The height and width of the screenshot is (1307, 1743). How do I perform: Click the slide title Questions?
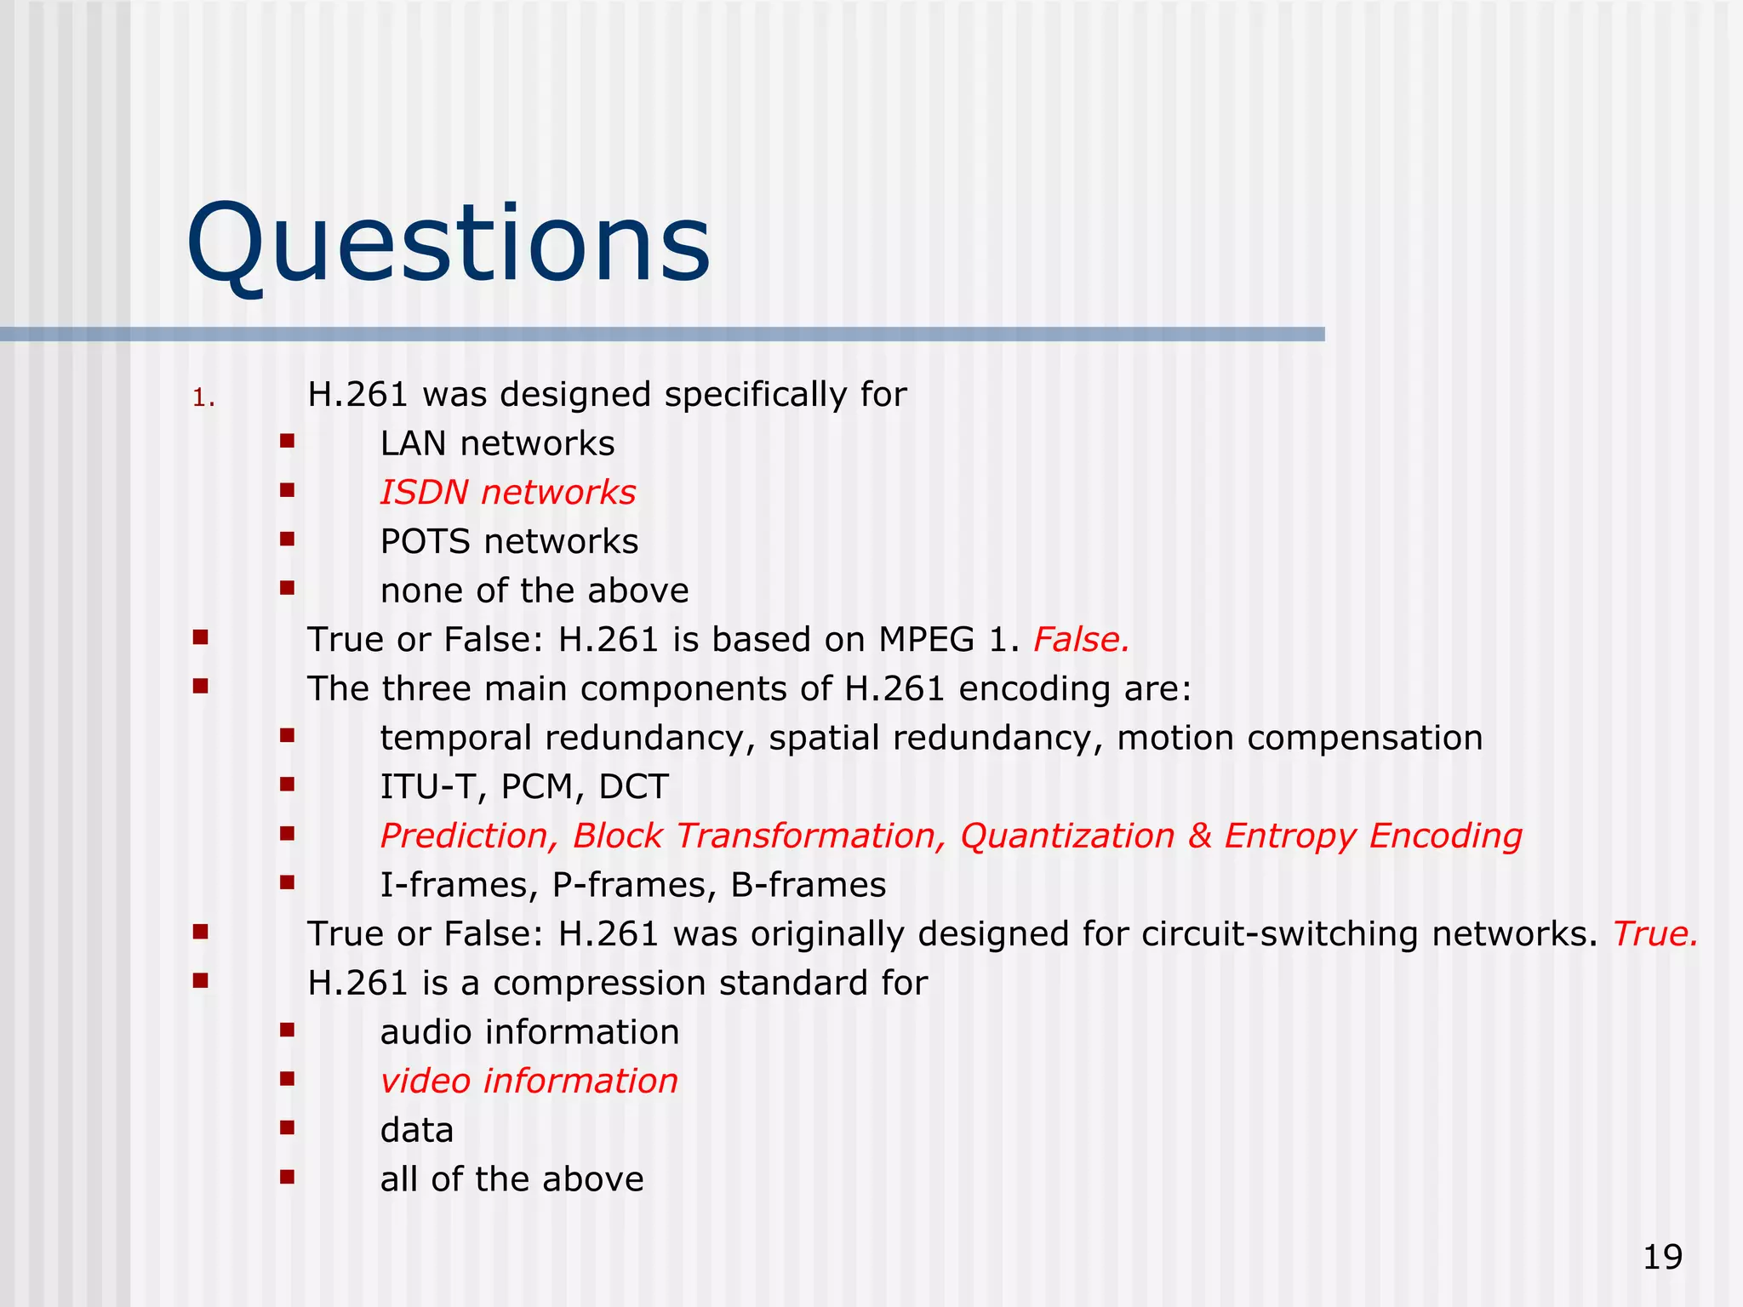(x=449, y=243)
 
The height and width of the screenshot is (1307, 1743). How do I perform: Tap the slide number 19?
(x=1662, y=1257)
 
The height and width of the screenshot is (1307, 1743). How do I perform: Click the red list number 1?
(x=203, y=398)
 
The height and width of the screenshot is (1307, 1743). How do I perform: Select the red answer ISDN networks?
(x=507, y=493)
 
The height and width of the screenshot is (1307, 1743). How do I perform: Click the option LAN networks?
(x=497, y=444)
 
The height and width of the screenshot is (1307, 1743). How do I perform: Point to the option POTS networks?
(x=509, y=542)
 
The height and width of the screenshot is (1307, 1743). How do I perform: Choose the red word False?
(x=1081, y=640)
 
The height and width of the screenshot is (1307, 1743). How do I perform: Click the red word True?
(x=1654, y=934)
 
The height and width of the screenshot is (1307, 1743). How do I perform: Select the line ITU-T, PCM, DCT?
(x=524, y=787)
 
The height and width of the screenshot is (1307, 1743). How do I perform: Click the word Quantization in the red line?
(x=1067, y=836)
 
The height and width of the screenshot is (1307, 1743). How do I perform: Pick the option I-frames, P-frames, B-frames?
(x=632, y=886)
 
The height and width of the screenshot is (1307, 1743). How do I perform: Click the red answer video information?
(x=529, y=1082)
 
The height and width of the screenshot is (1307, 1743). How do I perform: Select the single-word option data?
(x=416, y=1131)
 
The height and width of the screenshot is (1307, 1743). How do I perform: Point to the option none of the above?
(x=534, y=591)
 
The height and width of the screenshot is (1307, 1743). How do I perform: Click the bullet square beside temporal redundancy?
(x=287, y=735)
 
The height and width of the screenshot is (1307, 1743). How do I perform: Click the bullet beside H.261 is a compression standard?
(x=201, y=981)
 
